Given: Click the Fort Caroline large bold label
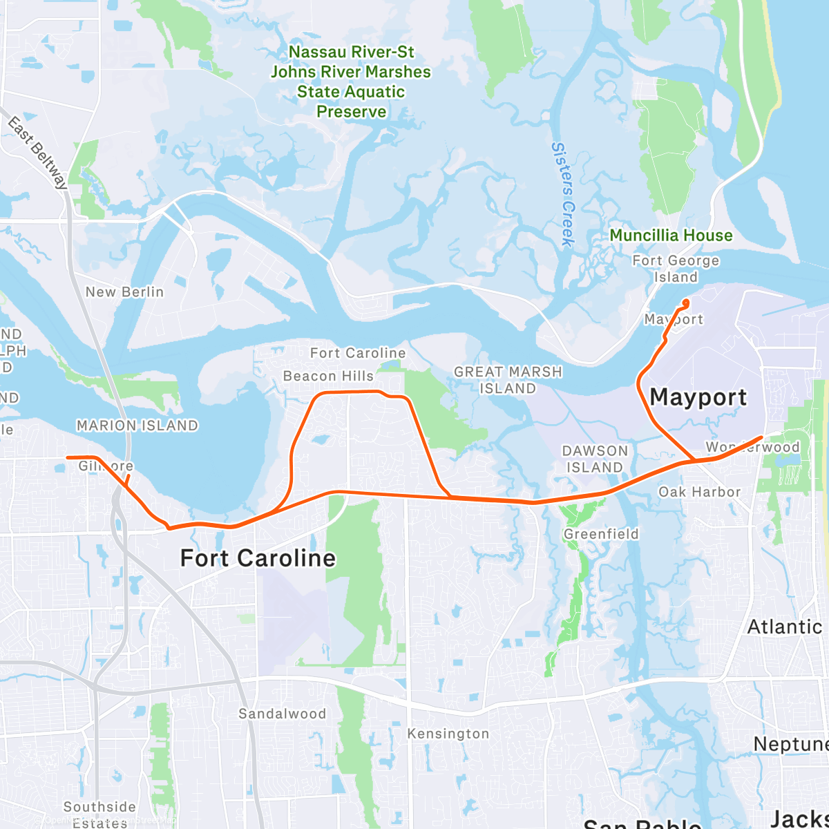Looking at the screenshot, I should coord(258,558).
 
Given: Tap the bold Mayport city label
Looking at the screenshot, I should coord(698,397).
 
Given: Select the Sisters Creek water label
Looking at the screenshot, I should coord(564,194).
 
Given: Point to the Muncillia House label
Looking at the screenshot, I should coord(671,236).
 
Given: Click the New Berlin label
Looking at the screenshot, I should coord(124,292).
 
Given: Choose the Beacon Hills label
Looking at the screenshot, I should coord(328,377).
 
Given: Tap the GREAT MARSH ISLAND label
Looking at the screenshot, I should coord(508,380).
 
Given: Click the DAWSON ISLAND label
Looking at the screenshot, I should coord(595,459).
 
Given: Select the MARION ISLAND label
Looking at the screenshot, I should coord(137,426).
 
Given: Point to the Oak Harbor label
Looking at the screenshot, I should coord(699,492).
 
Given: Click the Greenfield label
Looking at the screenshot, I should coord(601,534).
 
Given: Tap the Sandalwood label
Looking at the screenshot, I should coord(282,714).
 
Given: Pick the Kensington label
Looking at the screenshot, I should coord(448,734).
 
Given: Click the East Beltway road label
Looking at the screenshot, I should coord(38,153).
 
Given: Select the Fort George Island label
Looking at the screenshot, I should coord(676,269).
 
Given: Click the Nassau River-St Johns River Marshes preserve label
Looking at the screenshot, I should coord(351,82).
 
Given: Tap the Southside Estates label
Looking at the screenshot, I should coord(99,814).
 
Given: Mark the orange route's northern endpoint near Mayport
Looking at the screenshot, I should coord(686,301).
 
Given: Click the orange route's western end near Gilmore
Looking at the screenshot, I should coord(67,457).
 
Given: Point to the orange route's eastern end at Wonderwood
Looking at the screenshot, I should coord(761,437).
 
